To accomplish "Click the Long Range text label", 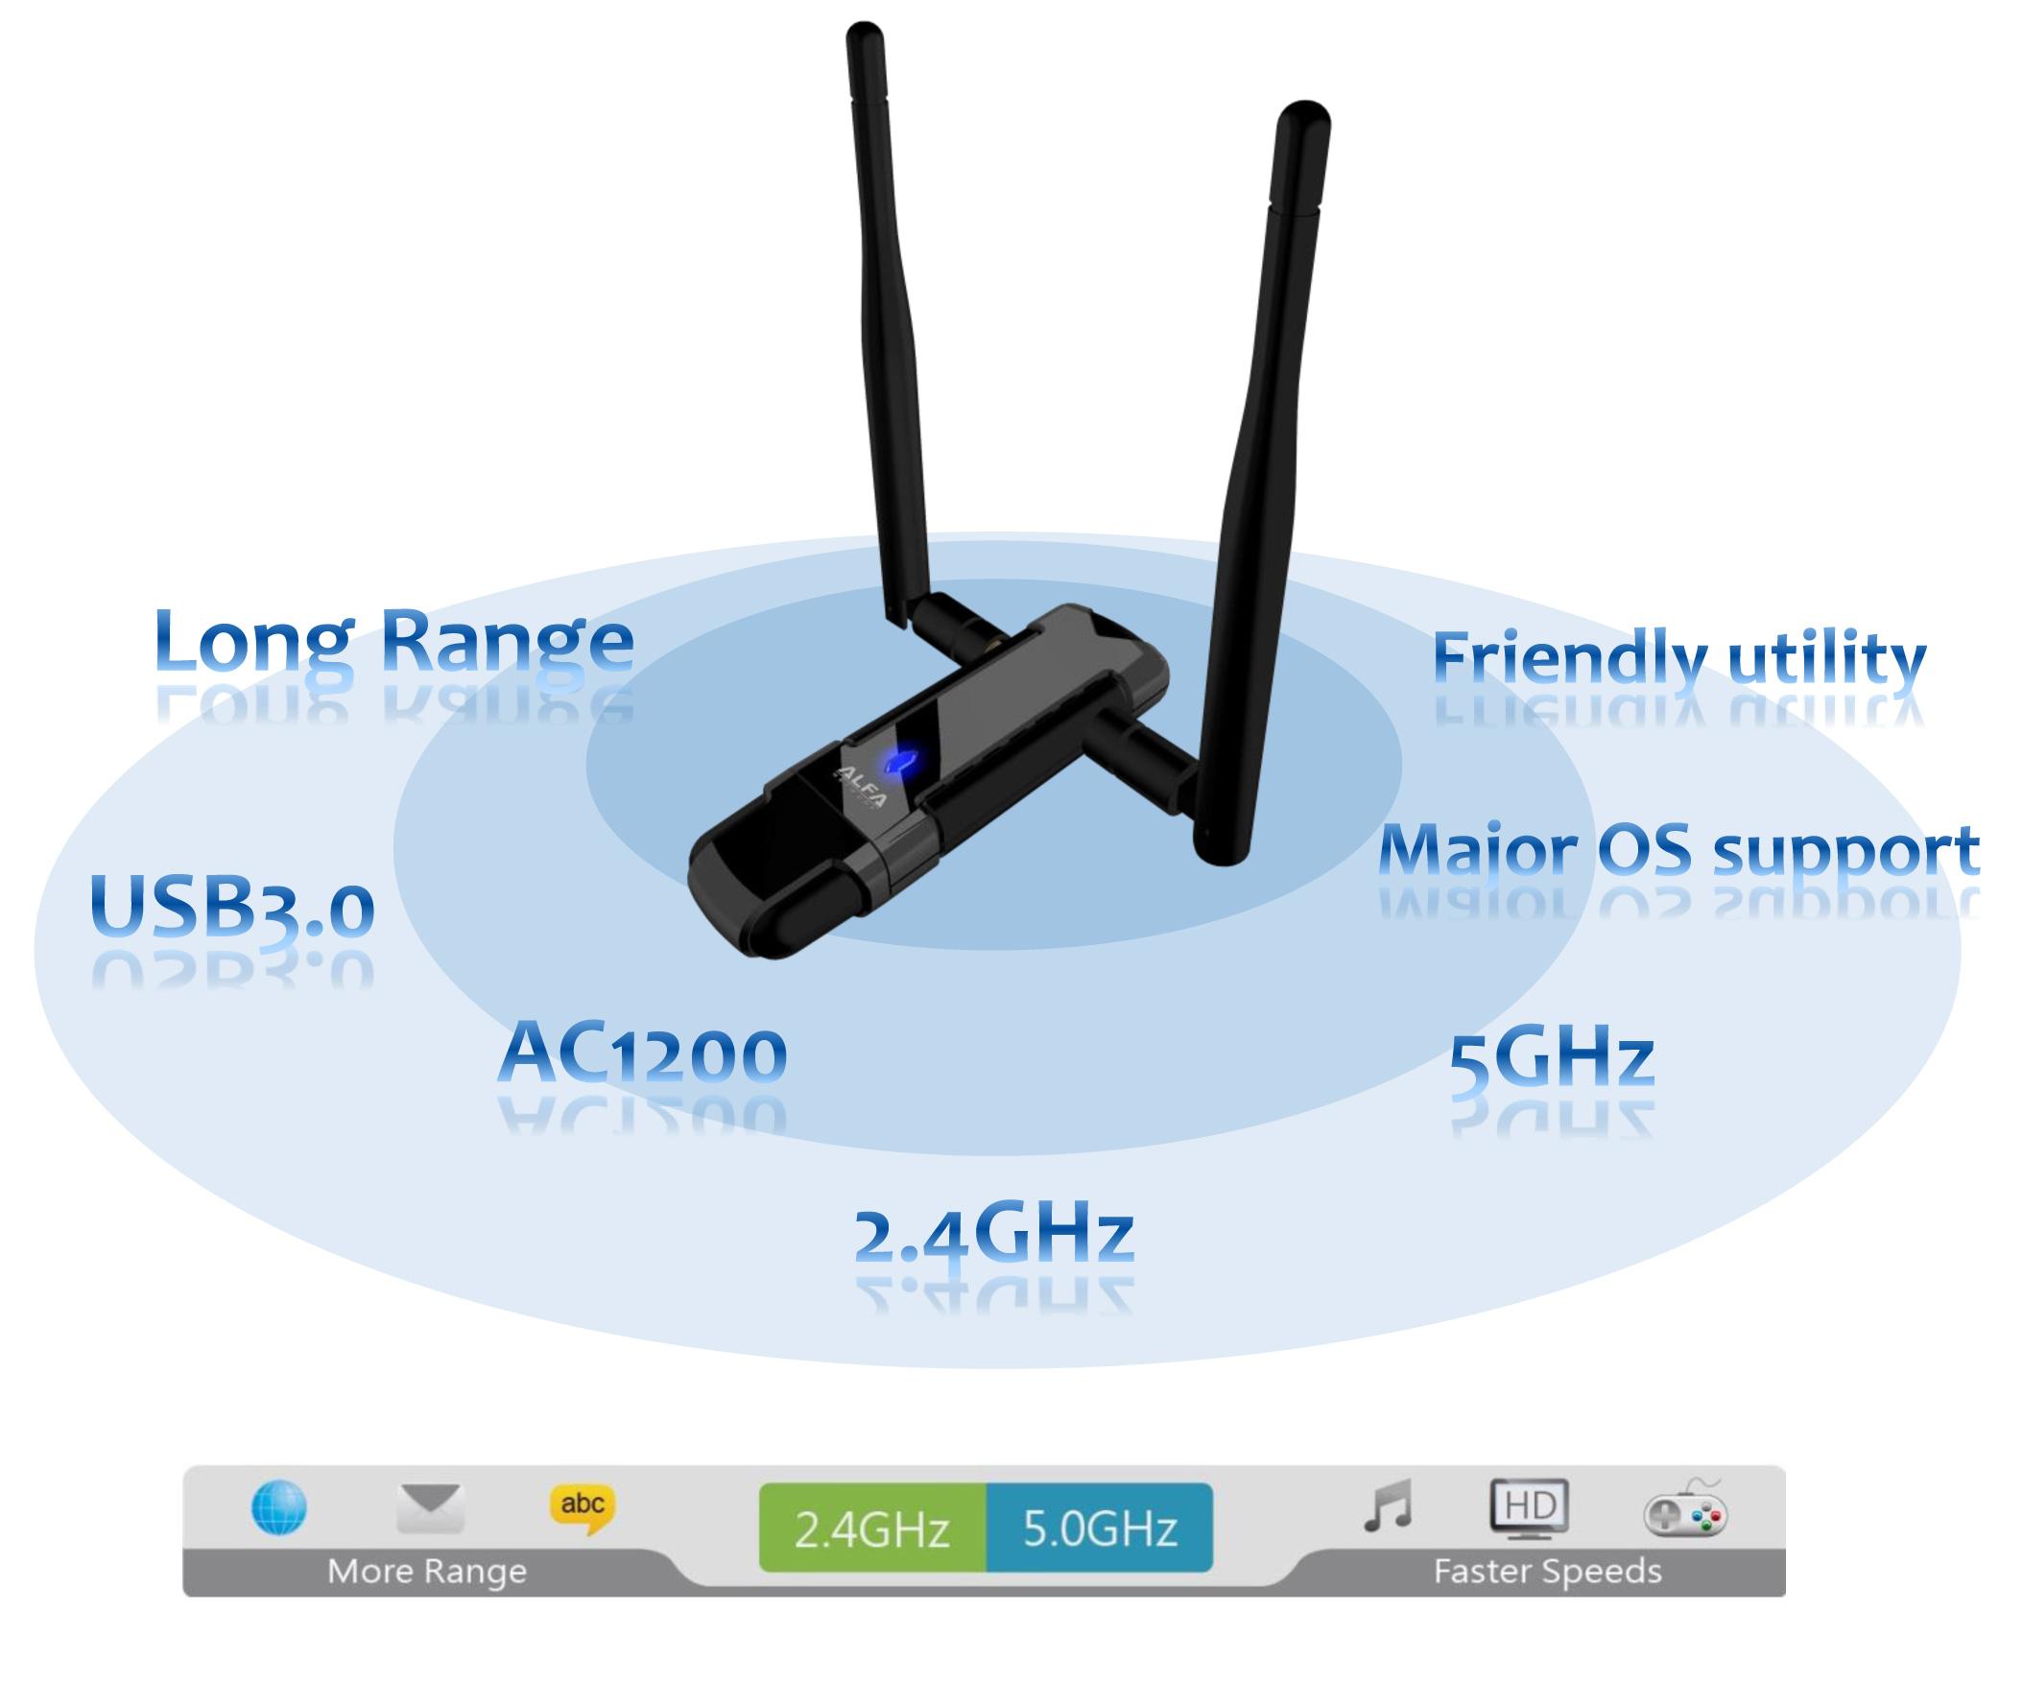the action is coord(394,642).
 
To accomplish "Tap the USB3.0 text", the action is coord(232,908).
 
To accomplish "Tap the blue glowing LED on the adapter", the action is coord(900,762).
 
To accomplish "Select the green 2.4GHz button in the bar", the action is coord(872,1527).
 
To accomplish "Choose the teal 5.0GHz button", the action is coord(1099,1527).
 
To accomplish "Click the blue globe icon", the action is coord(279,1508).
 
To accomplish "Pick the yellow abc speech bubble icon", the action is coord(583,1508).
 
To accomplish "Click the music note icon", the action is coord(1388,1505).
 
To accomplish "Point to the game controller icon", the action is coord(1686,1510).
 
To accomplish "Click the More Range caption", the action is coord(428,1573).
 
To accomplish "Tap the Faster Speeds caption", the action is coord(1548,1573).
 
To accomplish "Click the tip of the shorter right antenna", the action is coord(1304,107).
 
